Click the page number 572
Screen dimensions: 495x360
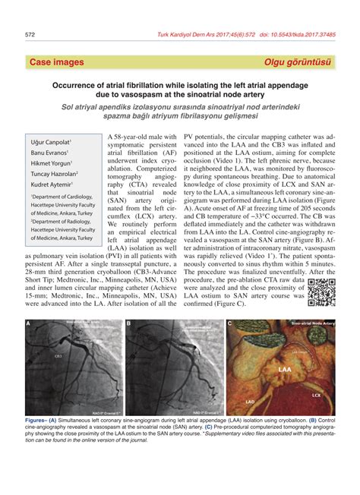pos(31,34)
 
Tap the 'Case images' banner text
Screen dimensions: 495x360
pos(57,61)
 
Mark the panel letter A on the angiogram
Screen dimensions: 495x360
pos(29,324)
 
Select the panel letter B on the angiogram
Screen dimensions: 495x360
pos(129,324)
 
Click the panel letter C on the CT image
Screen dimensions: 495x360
pos(229,324)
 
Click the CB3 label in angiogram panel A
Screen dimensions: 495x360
pos(58,355)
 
